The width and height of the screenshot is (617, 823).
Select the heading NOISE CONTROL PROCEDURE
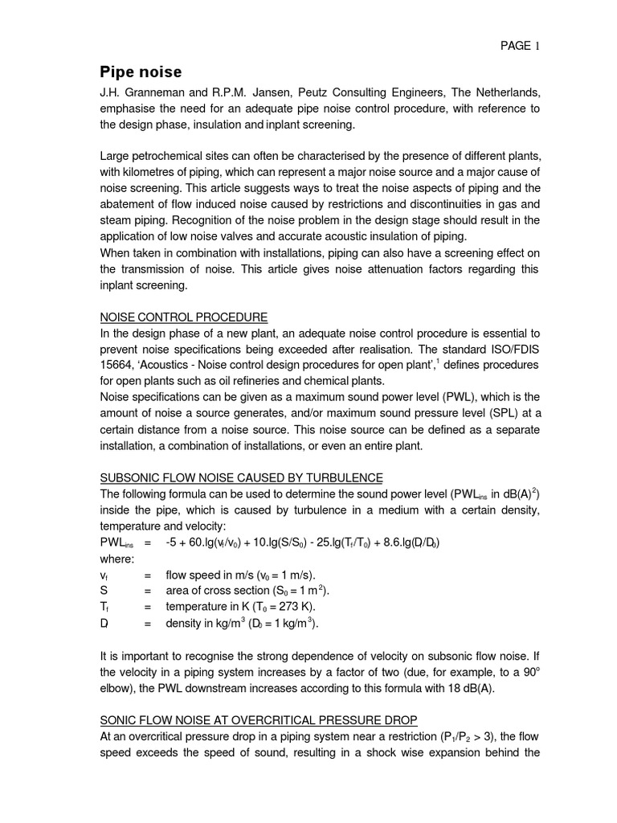tap(183, 317)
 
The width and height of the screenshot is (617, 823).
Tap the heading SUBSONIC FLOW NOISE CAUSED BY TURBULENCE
tap(241, 477)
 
